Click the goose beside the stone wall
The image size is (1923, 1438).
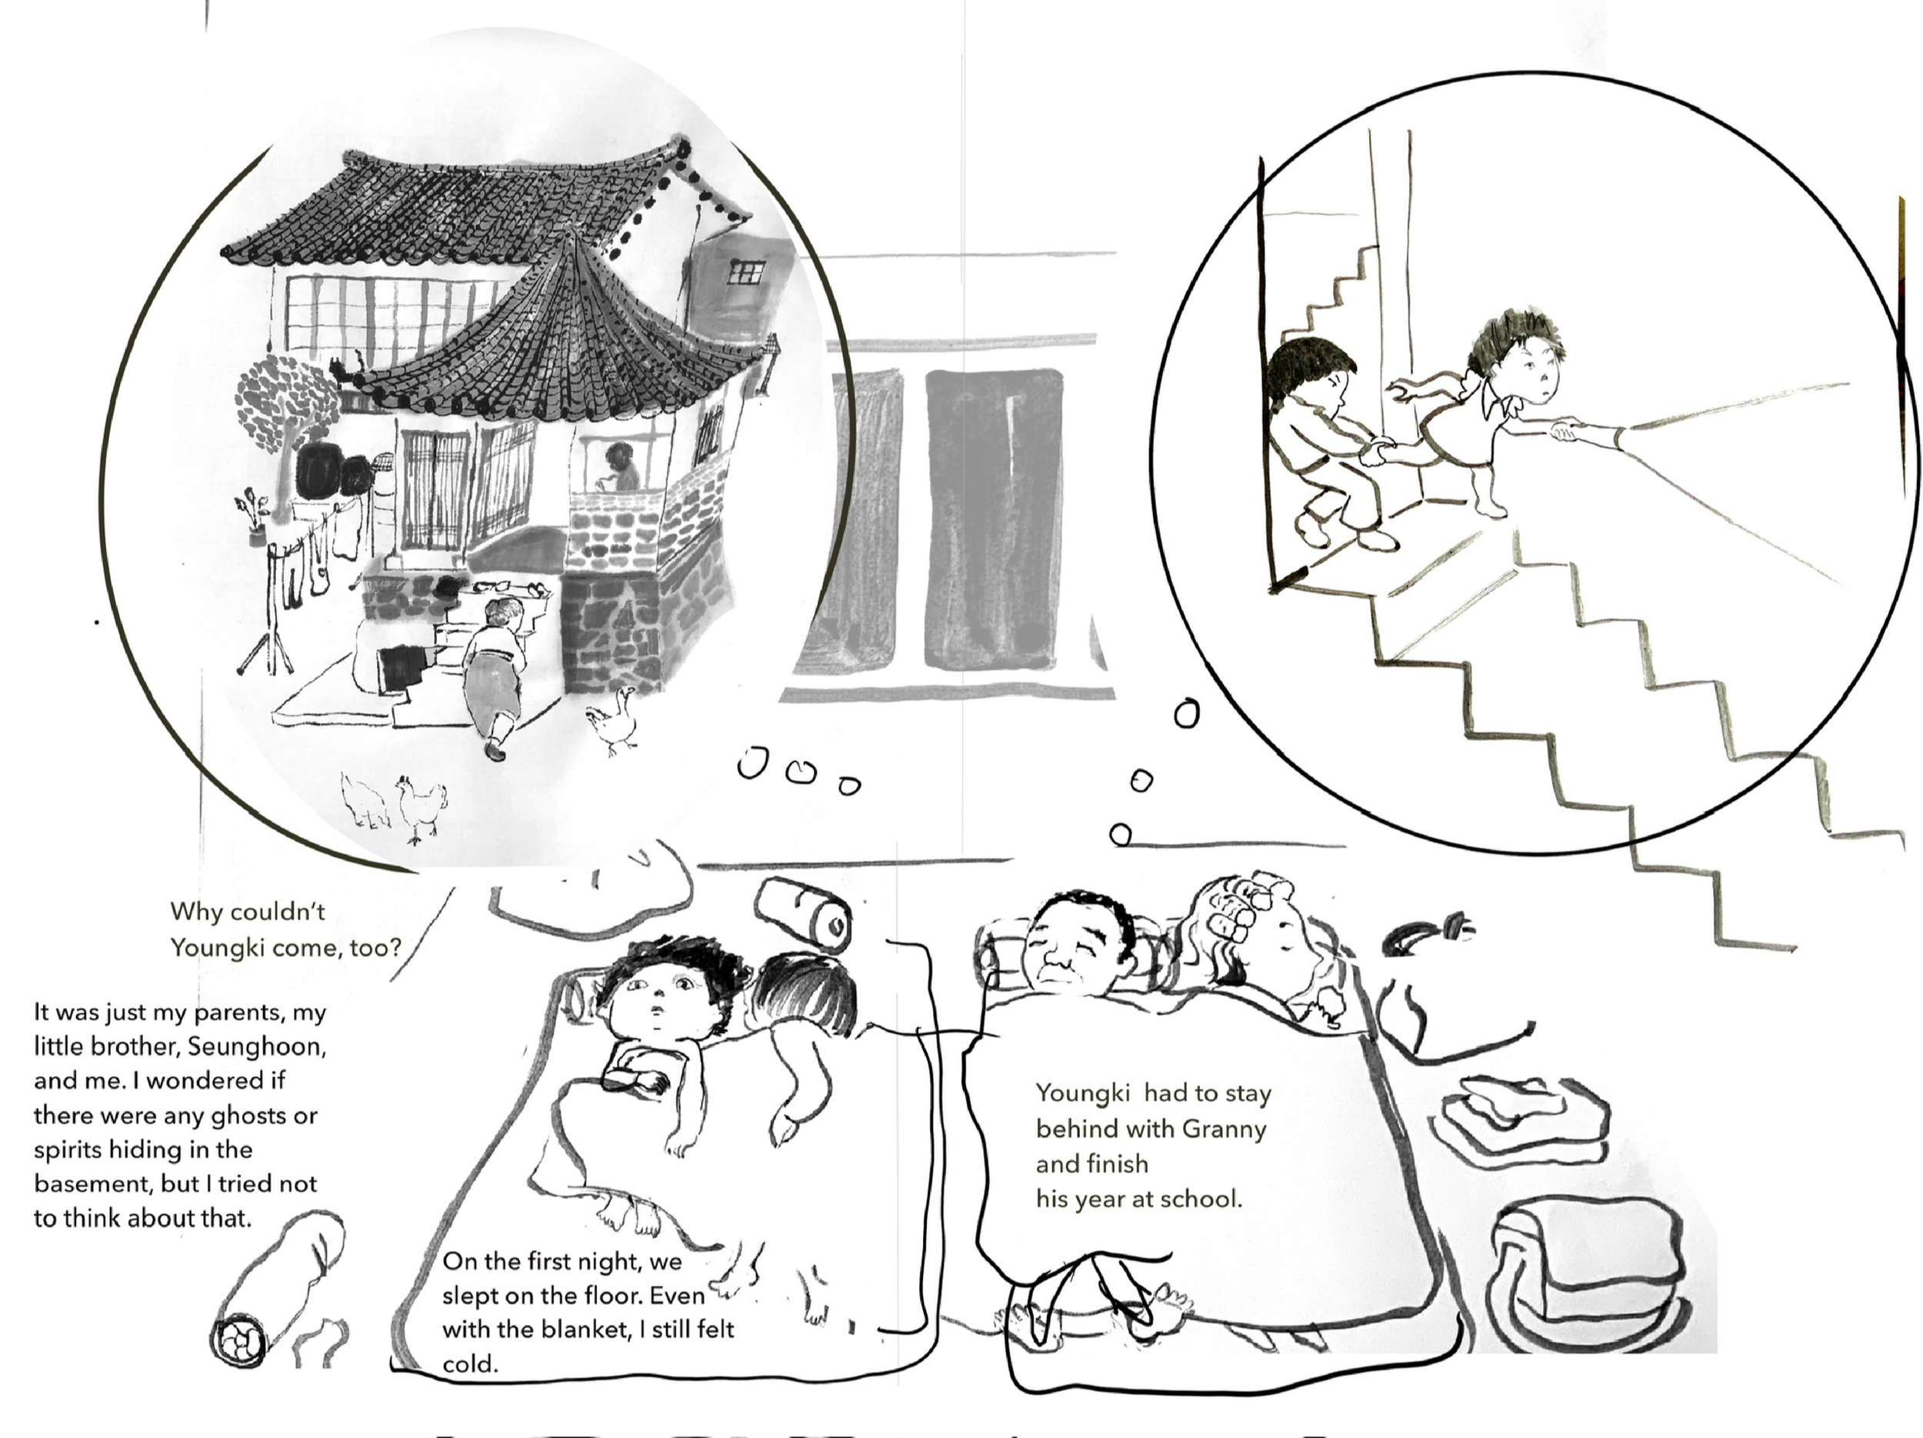(x=615, y=720)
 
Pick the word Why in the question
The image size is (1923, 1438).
(x=192, y=912)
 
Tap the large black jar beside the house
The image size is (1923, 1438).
(x=315, y=473)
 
